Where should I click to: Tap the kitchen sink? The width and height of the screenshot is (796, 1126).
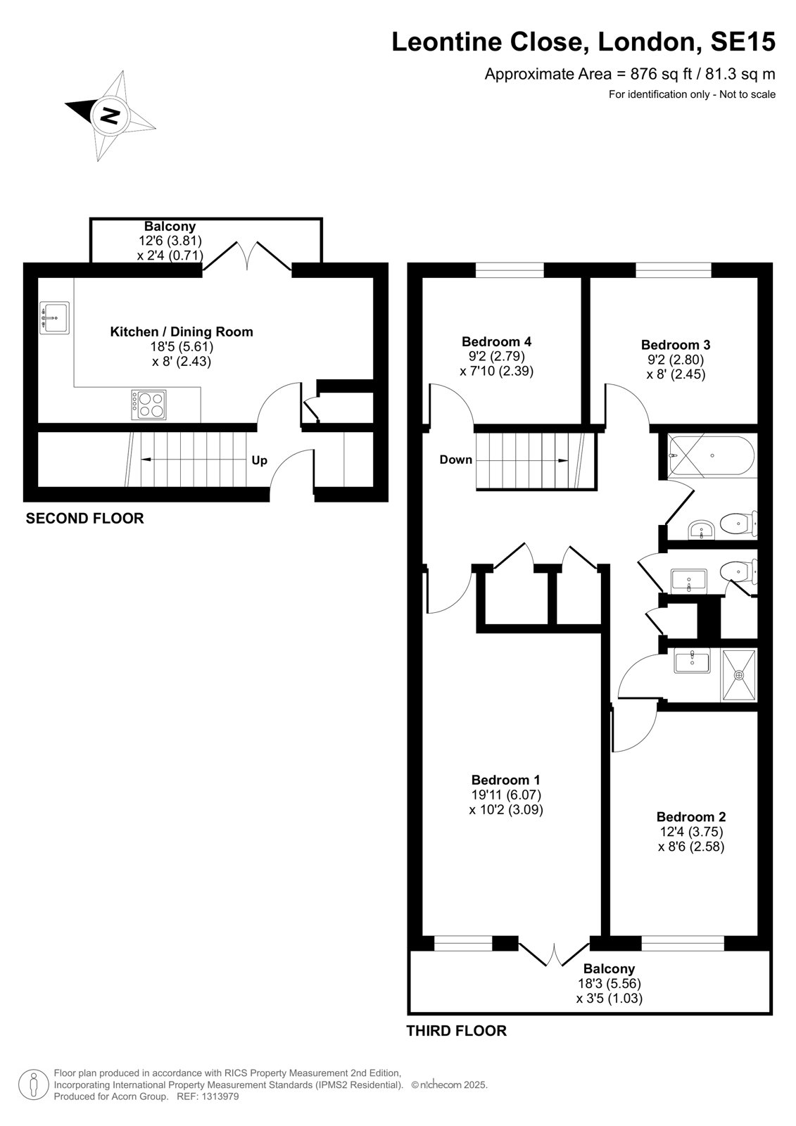pos(54,317)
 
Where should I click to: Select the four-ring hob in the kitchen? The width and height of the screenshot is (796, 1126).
pos(149,405)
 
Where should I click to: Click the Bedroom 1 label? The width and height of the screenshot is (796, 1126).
pos(505,780)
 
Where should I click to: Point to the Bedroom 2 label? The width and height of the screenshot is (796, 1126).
pos(691,817)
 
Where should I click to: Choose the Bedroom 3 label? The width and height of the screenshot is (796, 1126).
pos(676,345)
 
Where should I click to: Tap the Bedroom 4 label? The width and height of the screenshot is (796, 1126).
pos(496,342)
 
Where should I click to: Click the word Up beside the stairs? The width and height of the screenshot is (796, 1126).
pos(260,460)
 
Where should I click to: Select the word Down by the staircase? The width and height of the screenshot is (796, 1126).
pos(455,460)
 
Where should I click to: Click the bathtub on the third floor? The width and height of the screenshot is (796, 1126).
pos(711,456)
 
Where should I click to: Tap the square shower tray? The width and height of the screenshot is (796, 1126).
pos(739,675)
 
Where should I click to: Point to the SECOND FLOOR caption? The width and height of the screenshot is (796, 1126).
pos(84,518)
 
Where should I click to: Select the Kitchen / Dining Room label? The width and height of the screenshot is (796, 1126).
pos(182,331)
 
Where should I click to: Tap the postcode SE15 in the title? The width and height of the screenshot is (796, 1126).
pos(743,42)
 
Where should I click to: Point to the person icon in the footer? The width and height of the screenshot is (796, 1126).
pos(34,1084)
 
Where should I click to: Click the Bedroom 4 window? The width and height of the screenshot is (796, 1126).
pos(510,270)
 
